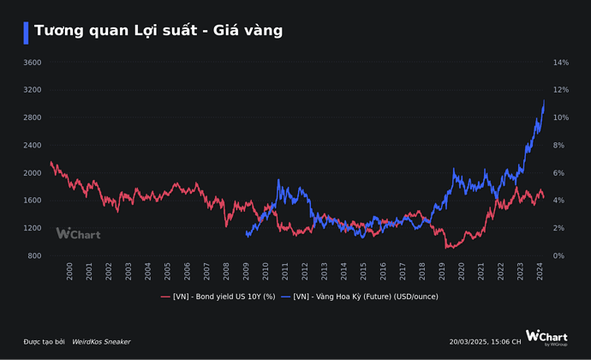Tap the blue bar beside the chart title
(x=27, y=32)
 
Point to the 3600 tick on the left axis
(x=33, y=63)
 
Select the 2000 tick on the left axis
(x=33, y=173)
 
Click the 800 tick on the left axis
(x=35, y=256)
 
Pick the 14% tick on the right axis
(x=561, y=63)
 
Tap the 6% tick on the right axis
(x=558, y=173)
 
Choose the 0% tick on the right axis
(x=558, y=256)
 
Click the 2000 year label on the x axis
(x=69, y=272)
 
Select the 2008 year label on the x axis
(x=226, y=272)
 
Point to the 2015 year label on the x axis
(x=363, y=272)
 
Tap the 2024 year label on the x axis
(x=540, y=272)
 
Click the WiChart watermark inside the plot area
(x=80, y=233)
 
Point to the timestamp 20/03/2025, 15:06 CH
(x=485, y=341)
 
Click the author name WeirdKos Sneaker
(x=101, y=341)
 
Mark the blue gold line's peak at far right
(x=544, y=100)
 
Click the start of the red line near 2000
(x=51, y=161)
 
